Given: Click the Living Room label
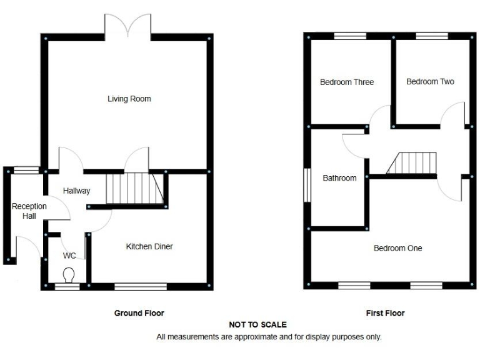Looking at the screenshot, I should coord(129,99).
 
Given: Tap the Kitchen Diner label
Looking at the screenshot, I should coord(149,246).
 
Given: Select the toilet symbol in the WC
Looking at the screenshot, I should coord(69,274).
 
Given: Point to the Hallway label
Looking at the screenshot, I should coord(76,191).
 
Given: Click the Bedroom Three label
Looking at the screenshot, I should coord(347,82).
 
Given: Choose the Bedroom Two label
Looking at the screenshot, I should coord(430,81).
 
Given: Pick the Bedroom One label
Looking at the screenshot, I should coord(397,248).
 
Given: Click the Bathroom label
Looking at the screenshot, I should coord(339,178).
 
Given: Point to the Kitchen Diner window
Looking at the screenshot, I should coord(141,287).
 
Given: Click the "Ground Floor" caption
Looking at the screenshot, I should coord(139,312).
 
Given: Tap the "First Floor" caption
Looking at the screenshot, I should coord(385,312).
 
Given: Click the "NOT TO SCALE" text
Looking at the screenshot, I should coord(258,325).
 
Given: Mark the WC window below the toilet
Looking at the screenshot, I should coord(67,287).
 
